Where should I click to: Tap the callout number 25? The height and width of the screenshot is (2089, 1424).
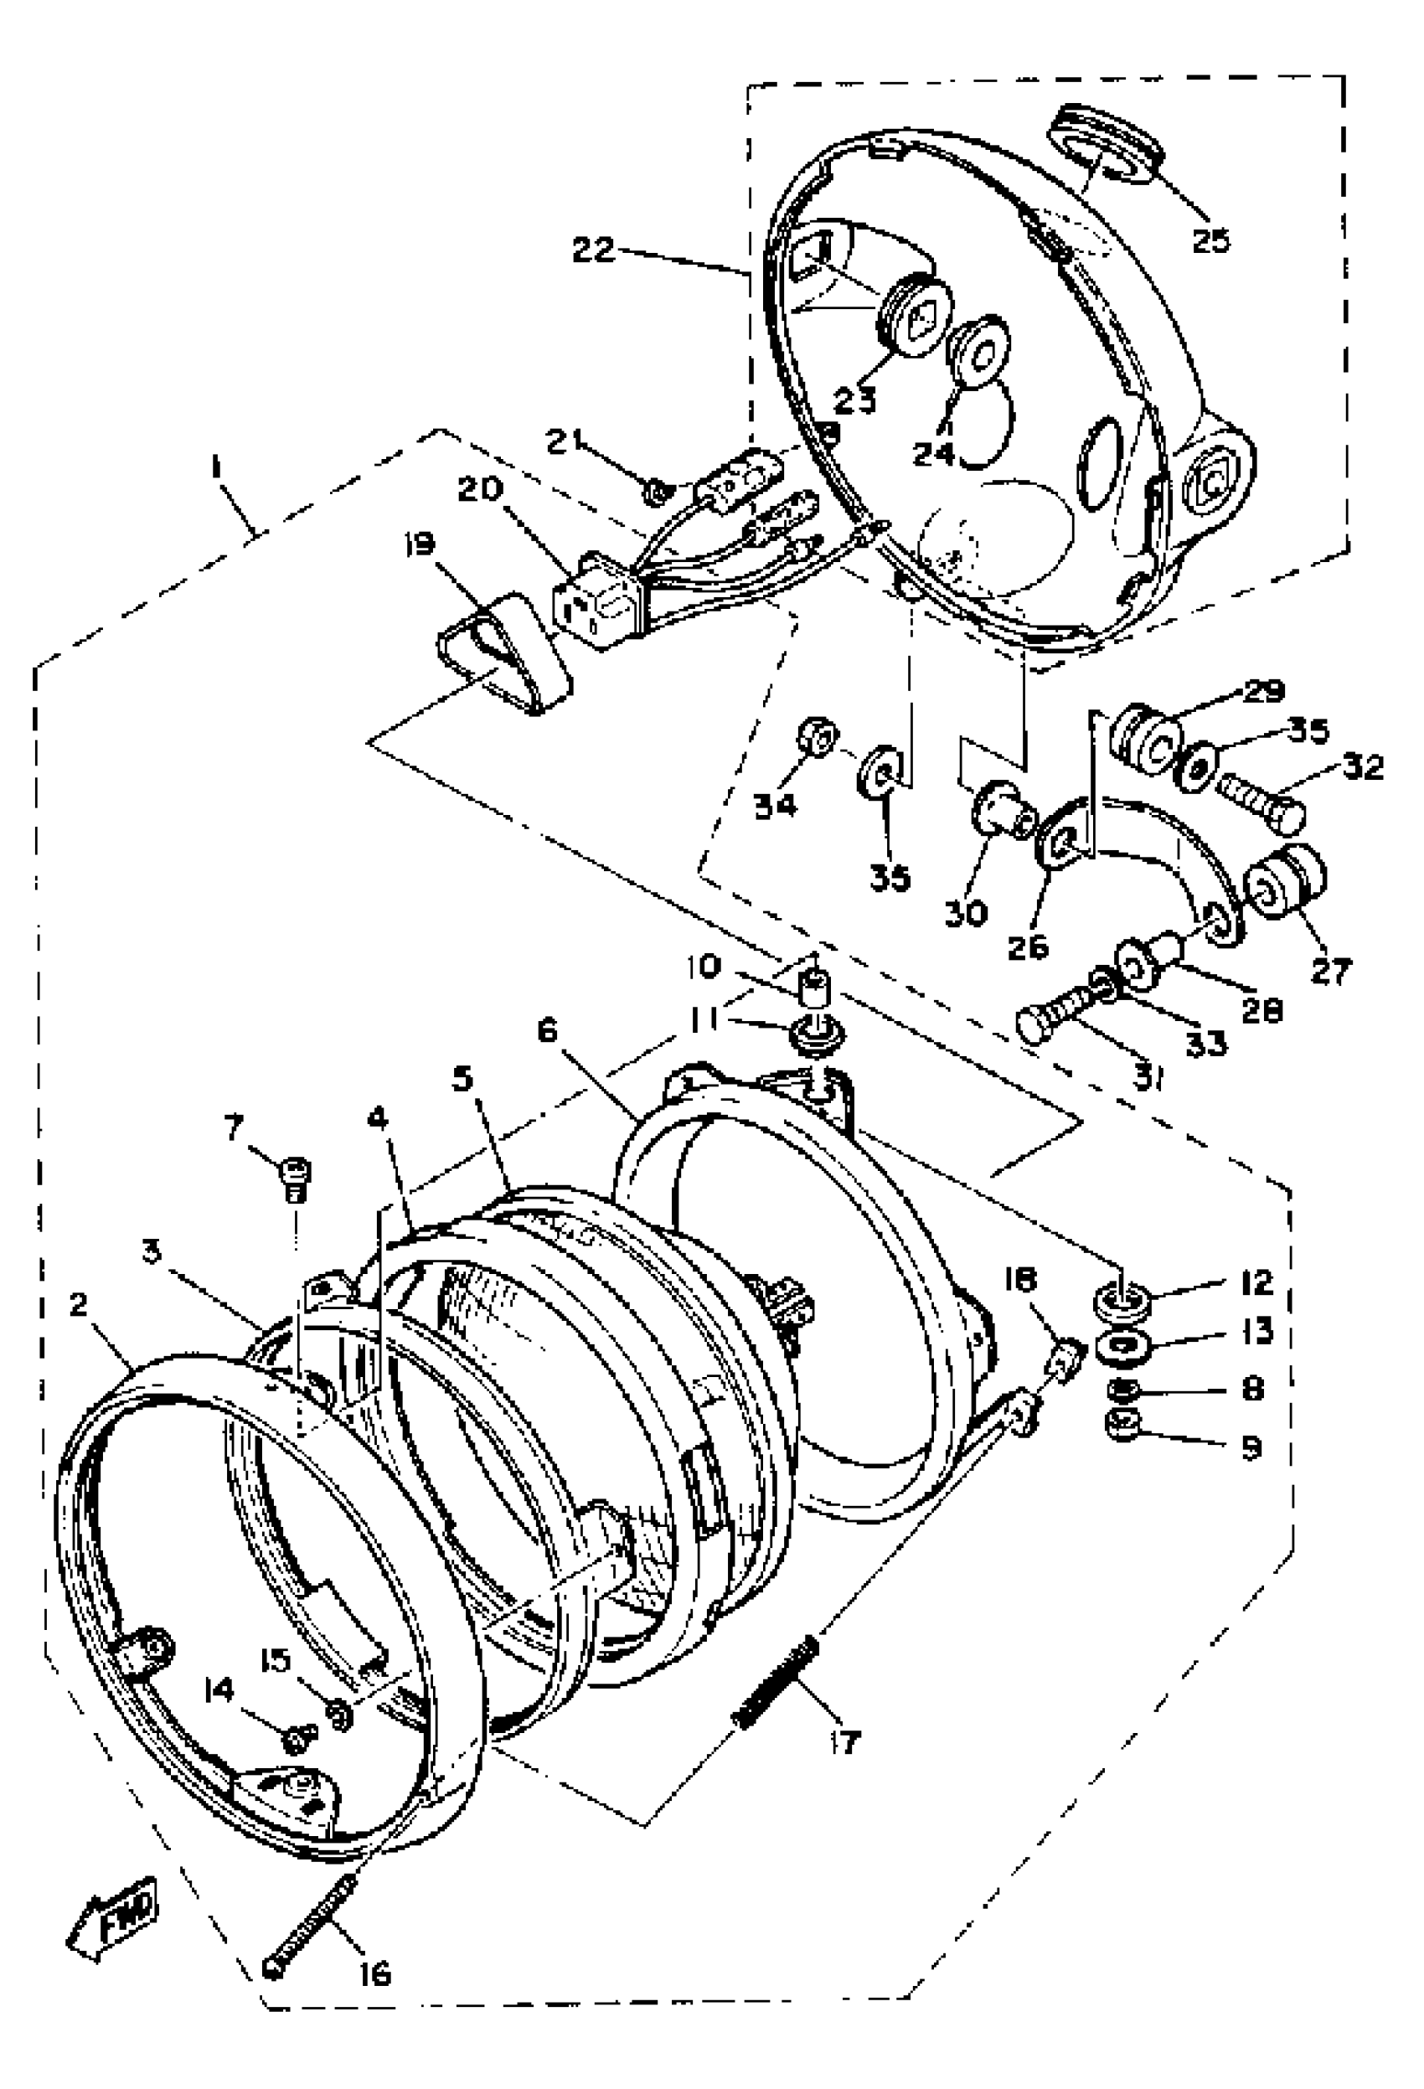coord(1211,241)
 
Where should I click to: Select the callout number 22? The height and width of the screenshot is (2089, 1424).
coord(594,250)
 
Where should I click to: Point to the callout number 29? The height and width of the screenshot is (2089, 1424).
coord(1263,692)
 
